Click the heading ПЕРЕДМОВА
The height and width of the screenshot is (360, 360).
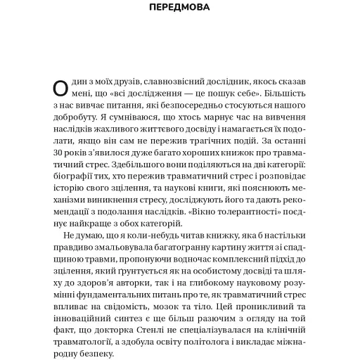point(179,10)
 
